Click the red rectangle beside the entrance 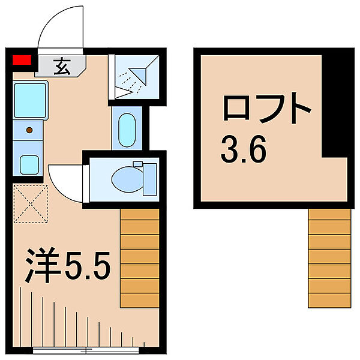point(22,59)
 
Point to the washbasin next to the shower point(127,130)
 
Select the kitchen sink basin point(30,102)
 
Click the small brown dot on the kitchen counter point(29,130)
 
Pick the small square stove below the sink point(29,164)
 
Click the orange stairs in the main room point(140,258)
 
